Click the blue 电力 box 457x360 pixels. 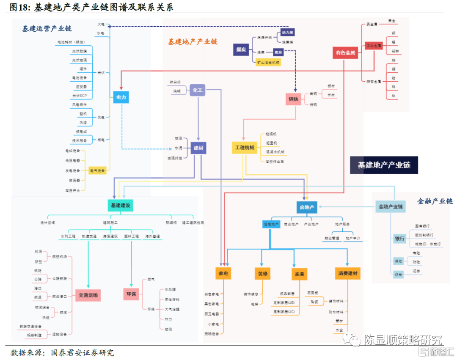[121, 97]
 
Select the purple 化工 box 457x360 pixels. [198, 90]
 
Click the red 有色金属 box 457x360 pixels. [346, 53]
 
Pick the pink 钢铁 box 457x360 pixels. [293, 99]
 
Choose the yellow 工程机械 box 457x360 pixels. [245, 147]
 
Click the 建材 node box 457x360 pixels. [198, 148]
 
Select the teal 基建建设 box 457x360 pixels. [120, 206]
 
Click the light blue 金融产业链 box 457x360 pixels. [390, 207]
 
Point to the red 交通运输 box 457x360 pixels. [88, 295]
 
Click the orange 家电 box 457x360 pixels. [223, 274]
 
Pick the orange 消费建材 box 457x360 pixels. [348, 274]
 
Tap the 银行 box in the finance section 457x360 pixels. [399, 239]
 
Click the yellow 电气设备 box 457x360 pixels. [97, 170]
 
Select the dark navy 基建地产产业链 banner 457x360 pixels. [384, 165]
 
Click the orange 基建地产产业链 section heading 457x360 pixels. [193, 42]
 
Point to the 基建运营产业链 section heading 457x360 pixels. [47, 29]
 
